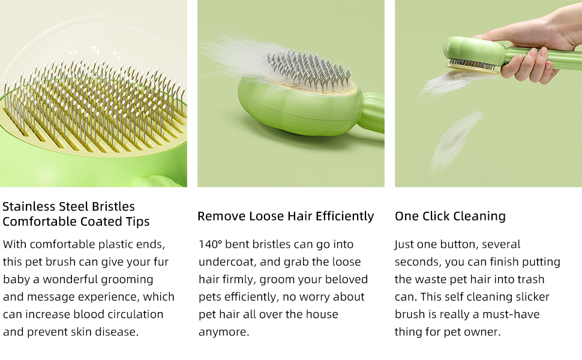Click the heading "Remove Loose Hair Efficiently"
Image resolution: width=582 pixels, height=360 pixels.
pyautogui.click(x=286, y=216)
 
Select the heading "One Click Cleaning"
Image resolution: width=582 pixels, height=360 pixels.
pyautogui.click(x=450, y=216)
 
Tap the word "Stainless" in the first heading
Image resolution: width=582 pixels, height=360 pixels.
pyautogui.click(x=28, y=206)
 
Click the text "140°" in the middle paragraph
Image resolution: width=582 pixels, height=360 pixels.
pyautogui.click(x=210, y=244)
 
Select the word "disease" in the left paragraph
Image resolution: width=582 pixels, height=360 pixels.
pyautogui.click(x=118, y=332)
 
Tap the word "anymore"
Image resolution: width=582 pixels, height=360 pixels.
pyautogui.click(x=223, y=332)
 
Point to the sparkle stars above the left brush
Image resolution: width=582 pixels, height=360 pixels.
pyautogui.click(x=96, y=51)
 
